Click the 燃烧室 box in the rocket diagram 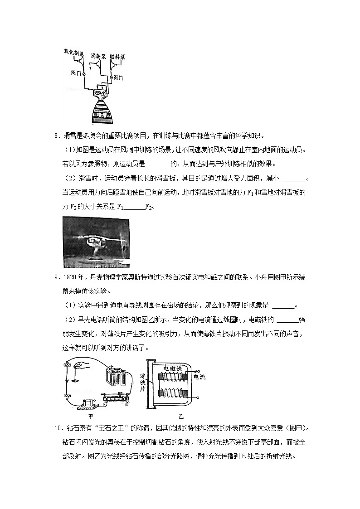(x=100, y=93)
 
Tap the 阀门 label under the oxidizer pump (x=76, y=72)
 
